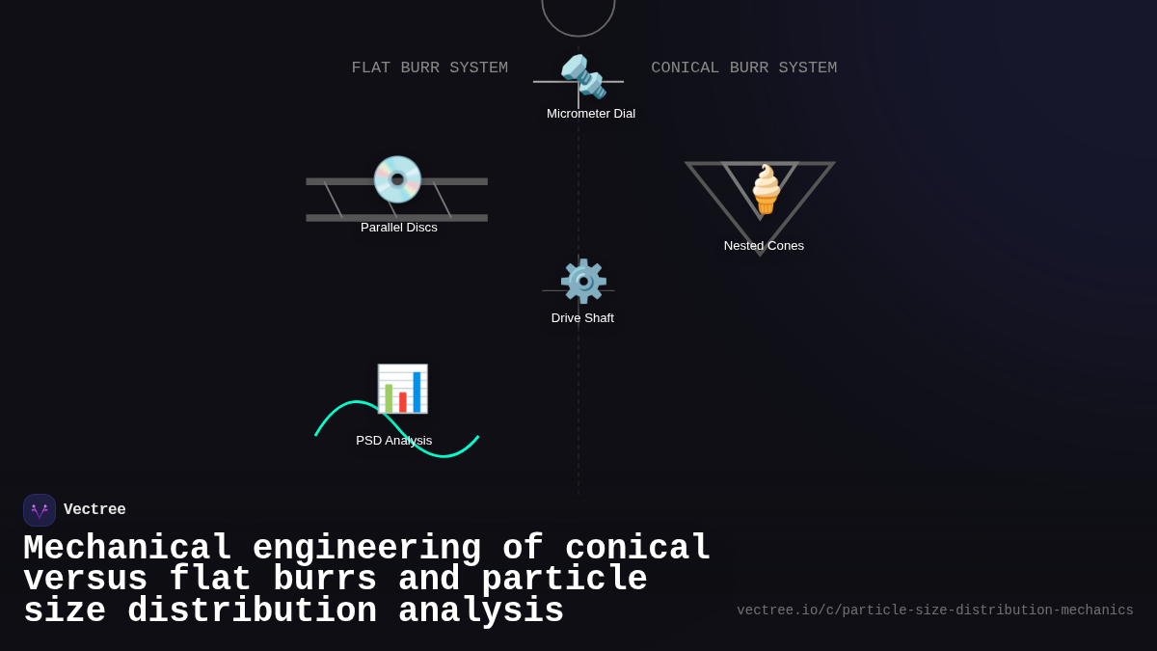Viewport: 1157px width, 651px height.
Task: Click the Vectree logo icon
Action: click(40, 510)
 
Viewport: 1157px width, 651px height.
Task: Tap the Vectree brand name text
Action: click(94, 510)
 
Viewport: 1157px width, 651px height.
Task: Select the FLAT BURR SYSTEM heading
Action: click(429, 68)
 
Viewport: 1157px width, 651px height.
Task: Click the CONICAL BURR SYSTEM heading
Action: click(743, 68)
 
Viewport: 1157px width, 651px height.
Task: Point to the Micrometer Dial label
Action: click(590, 114)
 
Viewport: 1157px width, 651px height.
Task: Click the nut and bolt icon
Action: click(583, 76)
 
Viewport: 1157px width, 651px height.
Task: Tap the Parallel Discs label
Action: click(398, 228)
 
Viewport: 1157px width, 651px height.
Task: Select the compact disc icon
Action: click(397, 179)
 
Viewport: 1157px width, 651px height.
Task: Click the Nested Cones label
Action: click(764, 246)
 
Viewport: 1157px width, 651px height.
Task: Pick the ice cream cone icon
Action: click(766, 189)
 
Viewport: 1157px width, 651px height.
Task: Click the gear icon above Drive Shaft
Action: click(583, 282)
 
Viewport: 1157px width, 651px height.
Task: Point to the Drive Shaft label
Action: click(582, 318)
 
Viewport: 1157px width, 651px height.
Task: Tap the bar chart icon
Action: click(402, 389)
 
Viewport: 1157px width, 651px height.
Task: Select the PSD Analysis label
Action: click(393, 441)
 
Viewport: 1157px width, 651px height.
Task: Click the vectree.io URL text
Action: click(934, 610)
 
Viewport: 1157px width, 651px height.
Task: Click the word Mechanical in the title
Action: click(127, 549)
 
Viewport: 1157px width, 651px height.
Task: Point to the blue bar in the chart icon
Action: click(417, 392)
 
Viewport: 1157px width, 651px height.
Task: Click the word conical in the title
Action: click(637, 549)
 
